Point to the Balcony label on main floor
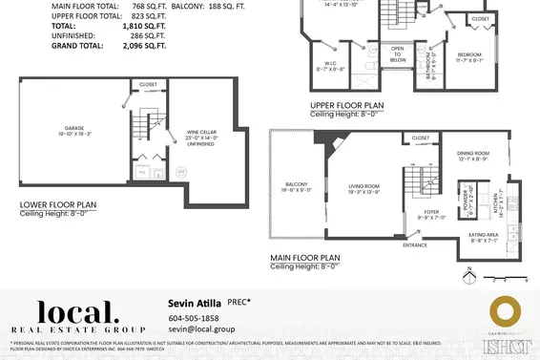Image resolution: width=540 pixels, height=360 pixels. (296, 184)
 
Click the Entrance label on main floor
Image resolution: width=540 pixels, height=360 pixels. (415, 245)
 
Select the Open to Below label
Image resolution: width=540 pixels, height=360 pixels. (398, 54)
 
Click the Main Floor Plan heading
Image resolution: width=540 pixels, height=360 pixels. (304, 258)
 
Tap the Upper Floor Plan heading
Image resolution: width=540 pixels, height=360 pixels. (346, 105)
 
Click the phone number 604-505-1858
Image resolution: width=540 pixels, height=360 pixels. (194, 318)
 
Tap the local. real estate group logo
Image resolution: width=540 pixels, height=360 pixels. (77, 316)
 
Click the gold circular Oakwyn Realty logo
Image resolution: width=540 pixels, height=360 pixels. (502, 311)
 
